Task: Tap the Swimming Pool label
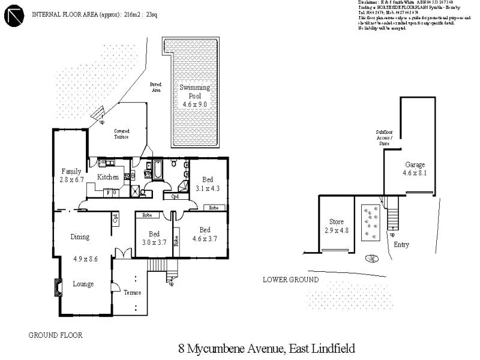(194, 92)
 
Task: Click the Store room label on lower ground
(336, 221)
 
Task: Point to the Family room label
(71, 172)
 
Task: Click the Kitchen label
(108, 177)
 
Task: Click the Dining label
(80, 236)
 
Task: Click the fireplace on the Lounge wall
(58, 287)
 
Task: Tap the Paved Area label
(155, 87)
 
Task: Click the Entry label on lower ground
(401, 244)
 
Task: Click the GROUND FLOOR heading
(56, 335)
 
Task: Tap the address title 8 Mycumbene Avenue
(267, 349)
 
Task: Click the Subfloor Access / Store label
(383, 137)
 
